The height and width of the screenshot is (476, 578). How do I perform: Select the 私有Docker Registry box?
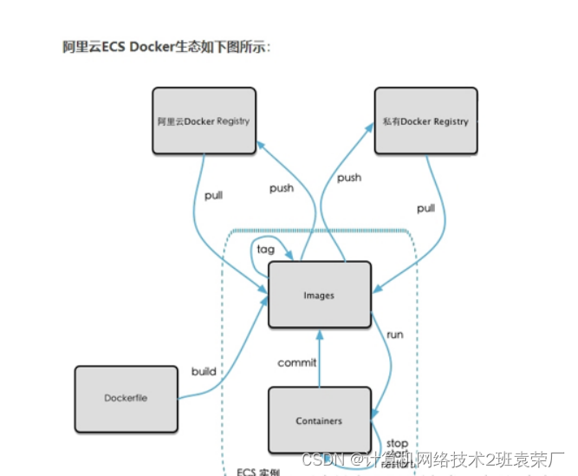(425, 121)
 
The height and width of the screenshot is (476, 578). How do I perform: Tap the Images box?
(319, 295)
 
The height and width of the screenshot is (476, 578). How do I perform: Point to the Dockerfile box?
(126, 398)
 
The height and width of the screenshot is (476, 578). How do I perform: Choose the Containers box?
(319, 421)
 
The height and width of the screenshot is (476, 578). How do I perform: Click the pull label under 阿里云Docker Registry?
(213, 195)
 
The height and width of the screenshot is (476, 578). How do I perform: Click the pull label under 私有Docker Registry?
(425, 208)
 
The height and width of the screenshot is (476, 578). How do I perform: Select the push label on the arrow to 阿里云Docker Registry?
(282, 188)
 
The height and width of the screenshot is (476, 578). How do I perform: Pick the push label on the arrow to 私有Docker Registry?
(349, 178)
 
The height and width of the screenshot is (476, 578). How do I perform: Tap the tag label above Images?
(266, 249)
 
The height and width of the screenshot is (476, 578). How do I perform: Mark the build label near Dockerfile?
(204, 371)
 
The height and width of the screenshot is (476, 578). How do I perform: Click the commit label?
(297, 362)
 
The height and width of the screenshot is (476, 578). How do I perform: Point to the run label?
(395, 334)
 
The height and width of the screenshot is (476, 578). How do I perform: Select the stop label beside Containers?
(397, 443)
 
